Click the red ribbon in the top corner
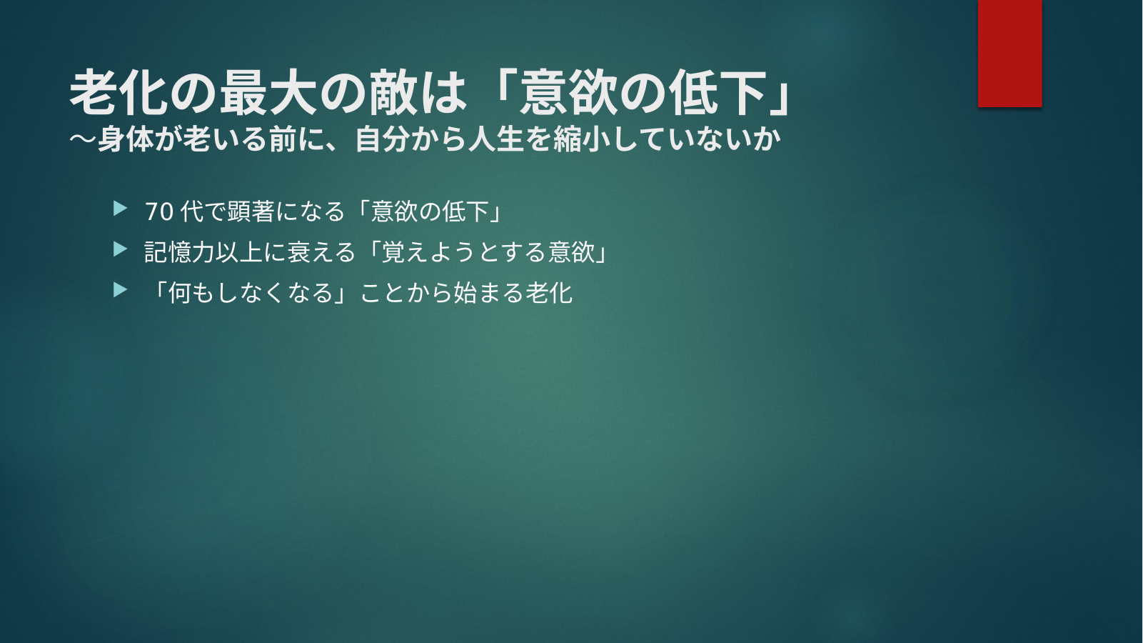[1009, 53]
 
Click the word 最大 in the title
[268, 93]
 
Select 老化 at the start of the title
[119, 93]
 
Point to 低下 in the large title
[718, 93]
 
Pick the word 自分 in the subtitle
[383, 139]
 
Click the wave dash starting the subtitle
[84, 139]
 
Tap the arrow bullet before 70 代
[120, 209]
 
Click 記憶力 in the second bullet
[179, 252]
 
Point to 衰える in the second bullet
[321, 252]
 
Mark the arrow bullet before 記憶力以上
[120, 249]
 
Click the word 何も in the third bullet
[191, 293]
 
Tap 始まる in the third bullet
[488, 293]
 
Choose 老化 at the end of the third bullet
[549, 293]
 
